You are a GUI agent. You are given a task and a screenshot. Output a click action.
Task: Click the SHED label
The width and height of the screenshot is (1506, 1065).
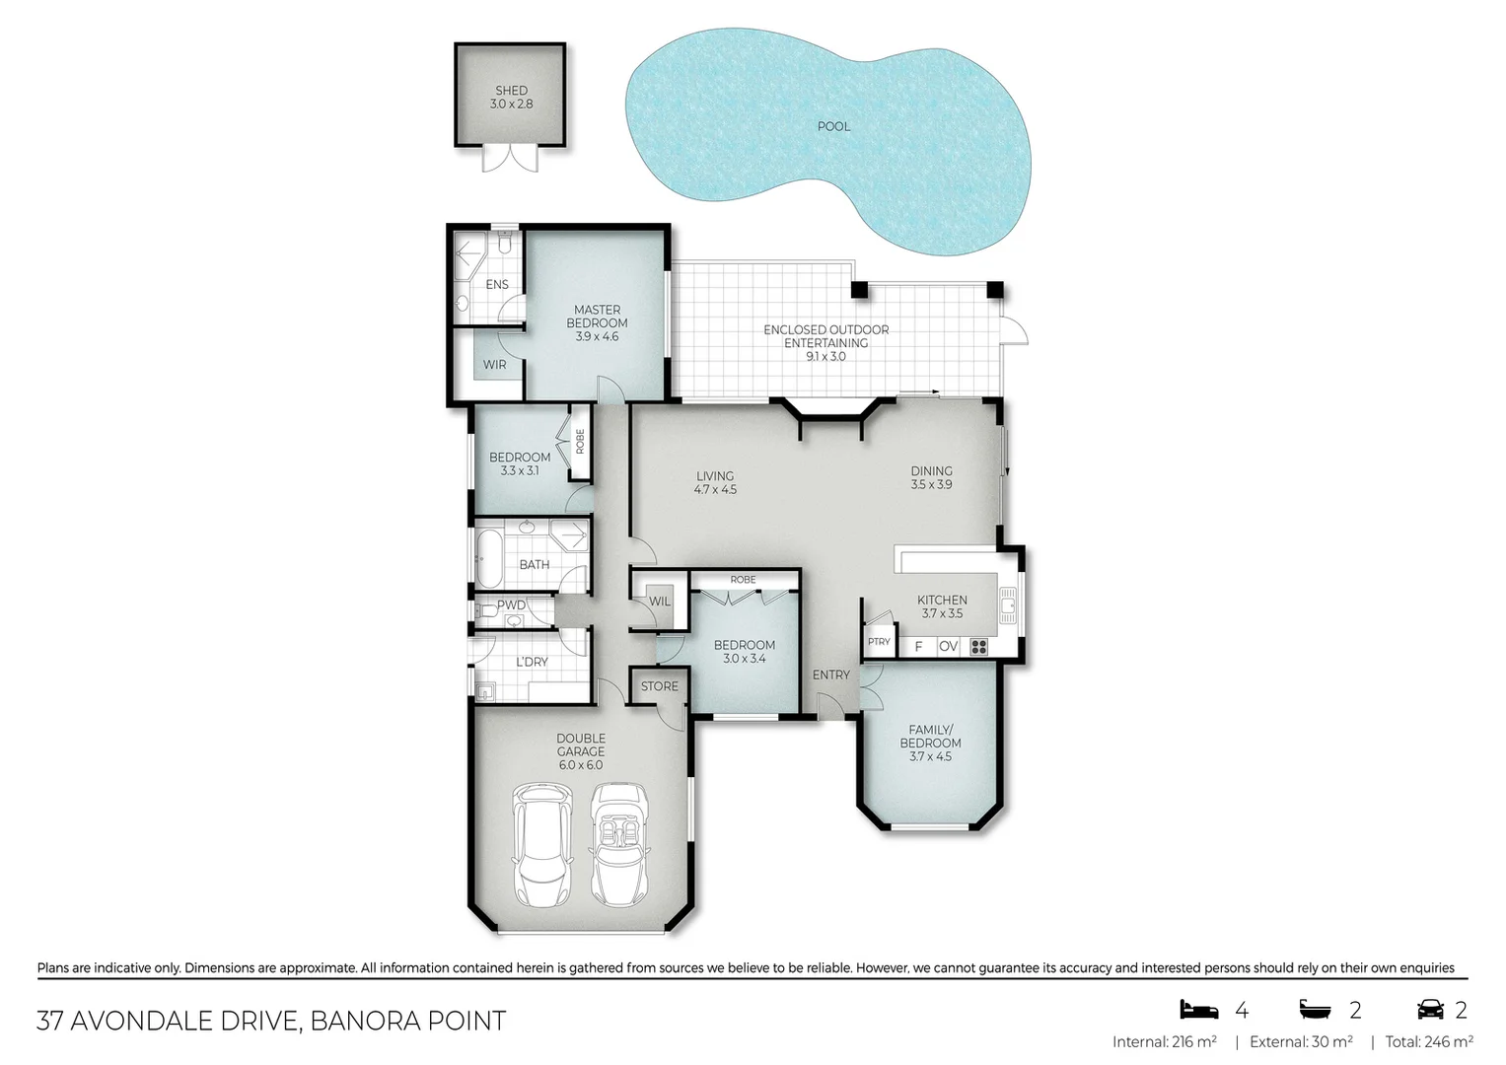(511, 91)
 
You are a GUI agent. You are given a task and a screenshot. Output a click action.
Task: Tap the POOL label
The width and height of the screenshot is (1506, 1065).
(833, 126)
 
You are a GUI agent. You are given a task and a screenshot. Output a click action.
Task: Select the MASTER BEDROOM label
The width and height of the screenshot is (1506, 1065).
(597, 317)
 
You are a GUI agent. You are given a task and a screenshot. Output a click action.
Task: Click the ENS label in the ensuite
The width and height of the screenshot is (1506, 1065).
(497, 285)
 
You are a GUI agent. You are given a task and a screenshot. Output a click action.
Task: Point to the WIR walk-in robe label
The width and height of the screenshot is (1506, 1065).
(494, 365)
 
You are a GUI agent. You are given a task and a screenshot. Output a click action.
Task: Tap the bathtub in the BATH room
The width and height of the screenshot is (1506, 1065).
(488, 559)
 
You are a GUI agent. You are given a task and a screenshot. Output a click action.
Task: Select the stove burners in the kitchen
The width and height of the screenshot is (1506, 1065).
(978, 647)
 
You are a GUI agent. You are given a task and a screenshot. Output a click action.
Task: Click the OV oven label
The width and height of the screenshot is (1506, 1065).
(948, 647)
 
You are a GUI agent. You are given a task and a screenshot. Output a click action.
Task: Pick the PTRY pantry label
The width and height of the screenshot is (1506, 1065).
(878, 642)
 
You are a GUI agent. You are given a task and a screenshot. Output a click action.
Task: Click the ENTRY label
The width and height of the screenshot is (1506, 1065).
(830, 675)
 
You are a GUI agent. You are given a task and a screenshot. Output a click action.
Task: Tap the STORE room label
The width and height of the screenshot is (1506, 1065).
(659, 686)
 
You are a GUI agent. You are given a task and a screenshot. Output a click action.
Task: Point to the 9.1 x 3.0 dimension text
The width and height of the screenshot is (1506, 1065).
(825, 357)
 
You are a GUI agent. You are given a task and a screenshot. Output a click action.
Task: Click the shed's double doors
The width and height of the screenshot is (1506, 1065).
(510, 159)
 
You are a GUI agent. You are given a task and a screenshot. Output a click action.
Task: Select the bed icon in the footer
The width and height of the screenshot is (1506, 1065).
(1199, 1010)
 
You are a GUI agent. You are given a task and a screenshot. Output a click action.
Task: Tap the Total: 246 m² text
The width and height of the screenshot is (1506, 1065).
(1428, 1042)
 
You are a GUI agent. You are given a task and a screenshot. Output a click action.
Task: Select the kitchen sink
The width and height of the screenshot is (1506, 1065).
(1008, 603)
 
